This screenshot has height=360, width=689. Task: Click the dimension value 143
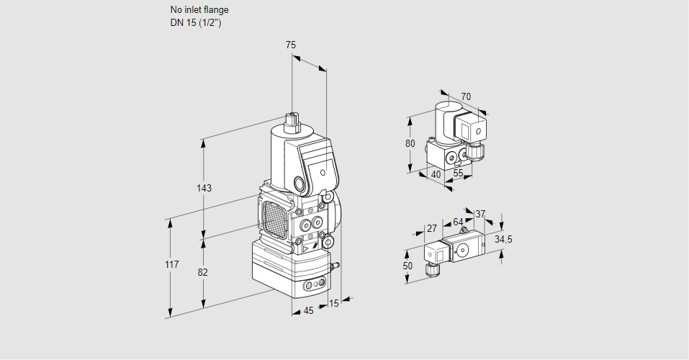click(x=204, y=189)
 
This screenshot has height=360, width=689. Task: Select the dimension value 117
click(x=171, y=265)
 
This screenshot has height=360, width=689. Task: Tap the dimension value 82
click(x=203, y=272)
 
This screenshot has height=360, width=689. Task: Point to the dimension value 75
click(x=290, y=45)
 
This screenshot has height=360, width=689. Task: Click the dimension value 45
click(x=308, y=311)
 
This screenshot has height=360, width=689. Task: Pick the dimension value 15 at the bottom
click(x=333, y=303)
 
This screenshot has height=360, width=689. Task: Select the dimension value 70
click(x=466, y=96)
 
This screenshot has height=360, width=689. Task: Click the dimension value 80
click(x=410, y=143)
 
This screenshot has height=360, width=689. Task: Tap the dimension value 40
click(x=436, y=174)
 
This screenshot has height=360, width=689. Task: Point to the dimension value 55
click(x=459, y=174)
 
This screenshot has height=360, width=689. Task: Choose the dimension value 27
click(x=432, y=228)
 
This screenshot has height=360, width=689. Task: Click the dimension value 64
click(x=458, y=222)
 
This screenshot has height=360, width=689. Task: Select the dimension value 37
click(x=481, y=214)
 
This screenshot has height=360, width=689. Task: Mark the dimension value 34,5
click(x=503, y=239)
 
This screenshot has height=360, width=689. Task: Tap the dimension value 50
click(x=408, y=266)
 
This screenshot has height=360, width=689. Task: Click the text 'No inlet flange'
click(x=199, y=10)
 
